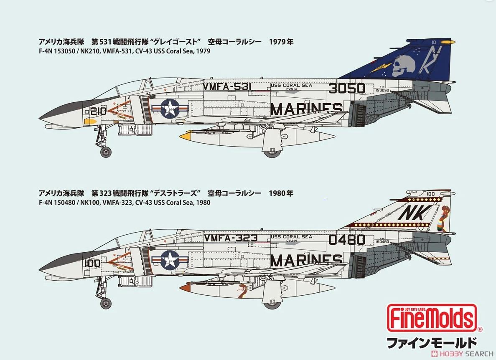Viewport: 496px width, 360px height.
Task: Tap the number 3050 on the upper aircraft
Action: (x=347, y=88)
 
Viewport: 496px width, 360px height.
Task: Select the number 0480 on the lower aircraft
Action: (x=347, y=240)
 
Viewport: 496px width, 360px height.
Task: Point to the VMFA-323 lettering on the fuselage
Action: (x=231, y=238)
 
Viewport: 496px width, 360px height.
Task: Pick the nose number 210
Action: (x=99, y=111)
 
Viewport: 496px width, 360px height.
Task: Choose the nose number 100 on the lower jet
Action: (x=92, y=263)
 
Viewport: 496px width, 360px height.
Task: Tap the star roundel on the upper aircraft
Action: (x=170, y=109)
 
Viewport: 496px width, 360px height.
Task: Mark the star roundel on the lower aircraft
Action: (x=170, y=261)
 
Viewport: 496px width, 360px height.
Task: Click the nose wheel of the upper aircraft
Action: (x=106, y=152)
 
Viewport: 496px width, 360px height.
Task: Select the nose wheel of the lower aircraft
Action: (x=106, y=304)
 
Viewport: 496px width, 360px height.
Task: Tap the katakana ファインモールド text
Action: (x=431, y=343)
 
